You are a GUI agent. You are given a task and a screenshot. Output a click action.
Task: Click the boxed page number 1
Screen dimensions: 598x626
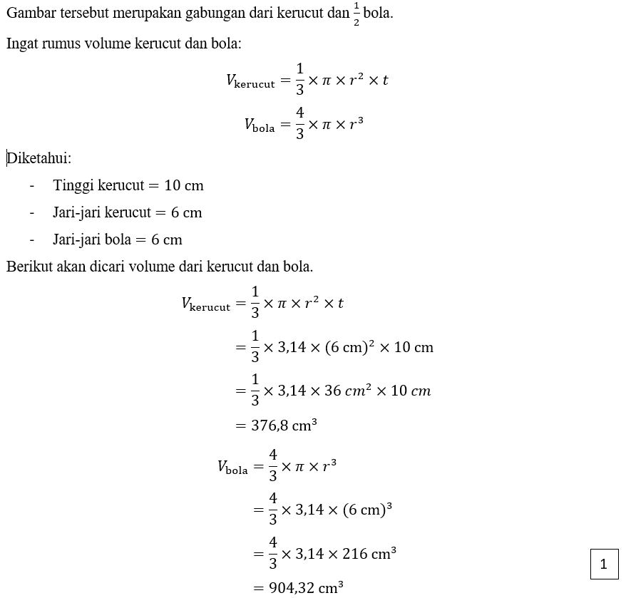click(x=604, y=565)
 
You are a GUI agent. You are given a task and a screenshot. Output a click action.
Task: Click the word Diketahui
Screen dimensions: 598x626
click(x=39, y=158)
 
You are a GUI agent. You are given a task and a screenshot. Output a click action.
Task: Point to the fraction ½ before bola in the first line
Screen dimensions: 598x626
click(x=356, y=14)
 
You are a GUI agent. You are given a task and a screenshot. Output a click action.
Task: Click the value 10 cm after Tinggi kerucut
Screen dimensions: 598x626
click(x=184, y=185)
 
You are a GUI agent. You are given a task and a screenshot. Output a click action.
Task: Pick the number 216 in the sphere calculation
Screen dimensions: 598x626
click(x=358, y=554)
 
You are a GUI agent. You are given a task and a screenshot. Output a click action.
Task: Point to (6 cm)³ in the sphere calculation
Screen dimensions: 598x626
click(x=368, y=510)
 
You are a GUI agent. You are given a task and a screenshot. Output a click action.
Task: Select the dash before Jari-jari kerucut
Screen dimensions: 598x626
click(x=32, y=212)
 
